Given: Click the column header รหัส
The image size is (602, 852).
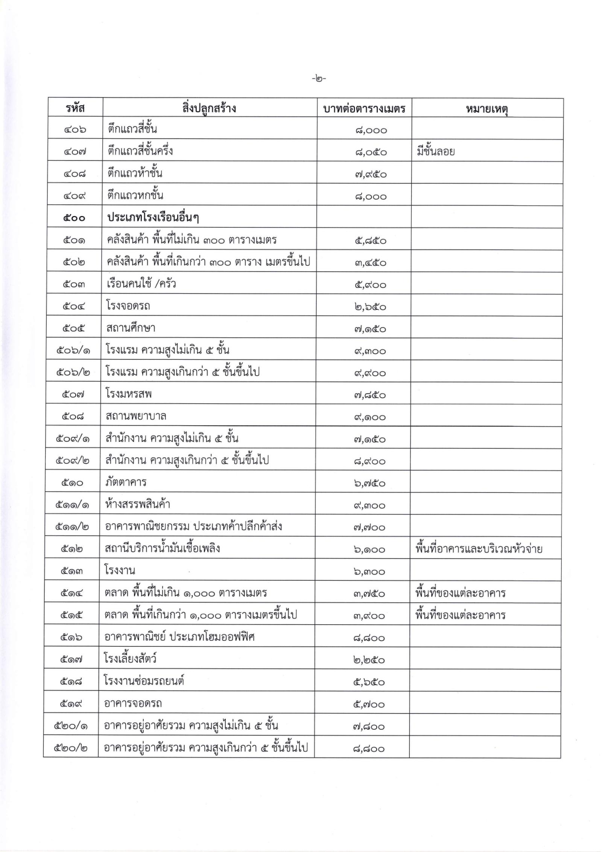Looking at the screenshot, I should (x=75, y=108).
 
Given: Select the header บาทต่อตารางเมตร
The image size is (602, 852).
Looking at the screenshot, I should (x=364, y=109).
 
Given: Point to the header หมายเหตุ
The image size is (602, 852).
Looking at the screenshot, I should (x=487, y=109).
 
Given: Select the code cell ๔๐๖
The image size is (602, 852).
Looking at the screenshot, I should (x=75, y=130).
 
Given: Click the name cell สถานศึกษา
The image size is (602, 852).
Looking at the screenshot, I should (x=131, y=328).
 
